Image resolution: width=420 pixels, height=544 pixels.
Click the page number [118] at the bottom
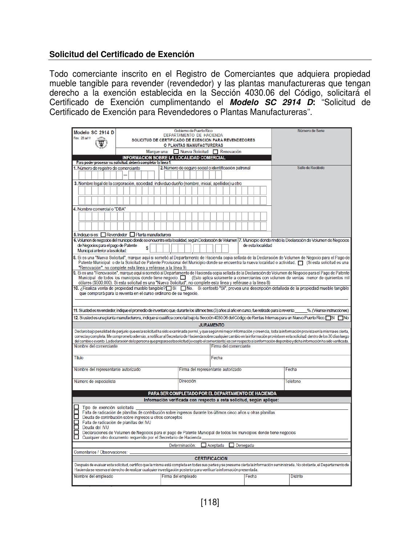(210, 503)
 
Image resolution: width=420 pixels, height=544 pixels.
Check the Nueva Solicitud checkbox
(176, 152)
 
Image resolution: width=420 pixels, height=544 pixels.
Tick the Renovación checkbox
(215, 152)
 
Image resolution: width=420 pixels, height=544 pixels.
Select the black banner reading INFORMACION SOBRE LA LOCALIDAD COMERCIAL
(174, 158)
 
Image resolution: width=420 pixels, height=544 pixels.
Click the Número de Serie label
(311, 131)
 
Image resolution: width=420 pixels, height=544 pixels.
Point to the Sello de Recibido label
(311, 168)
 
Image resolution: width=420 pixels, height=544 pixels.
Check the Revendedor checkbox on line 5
(103, 235)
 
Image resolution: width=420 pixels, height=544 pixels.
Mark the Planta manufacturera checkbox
(132, 235)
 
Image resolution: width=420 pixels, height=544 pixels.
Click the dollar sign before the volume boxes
(147, 248)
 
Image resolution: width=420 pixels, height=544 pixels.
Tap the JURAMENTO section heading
(211, 325)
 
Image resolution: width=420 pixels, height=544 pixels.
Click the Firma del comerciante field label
(231, 347)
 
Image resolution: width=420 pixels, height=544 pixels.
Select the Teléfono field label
(293, 381)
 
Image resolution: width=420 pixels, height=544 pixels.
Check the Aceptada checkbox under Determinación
(203, 445)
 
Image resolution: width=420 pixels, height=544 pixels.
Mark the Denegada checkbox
(231, 445)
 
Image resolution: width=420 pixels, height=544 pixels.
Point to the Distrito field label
(296, 476)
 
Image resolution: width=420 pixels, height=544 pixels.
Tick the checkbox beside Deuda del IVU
(76, 427)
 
